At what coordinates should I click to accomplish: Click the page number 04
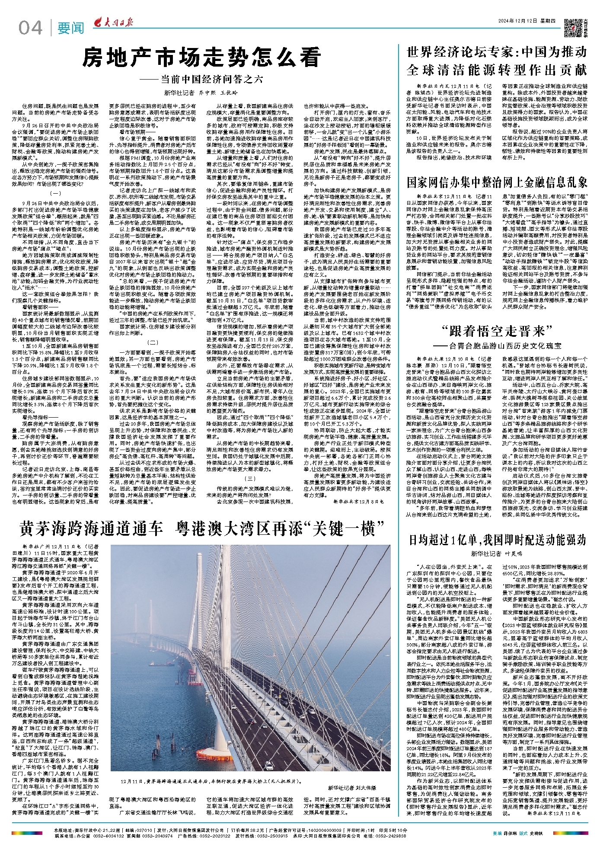30,28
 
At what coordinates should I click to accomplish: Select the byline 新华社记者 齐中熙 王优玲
201,93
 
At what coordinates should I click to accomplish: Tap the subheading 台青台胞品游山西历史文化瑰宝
504,346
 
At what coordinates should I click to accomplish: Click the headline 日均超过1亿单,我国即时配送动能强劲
497,540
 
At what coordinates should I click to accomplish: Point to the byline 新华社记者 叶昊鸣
497,553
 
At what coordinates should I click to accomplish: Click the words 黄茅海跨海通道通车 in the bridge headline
91,528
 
